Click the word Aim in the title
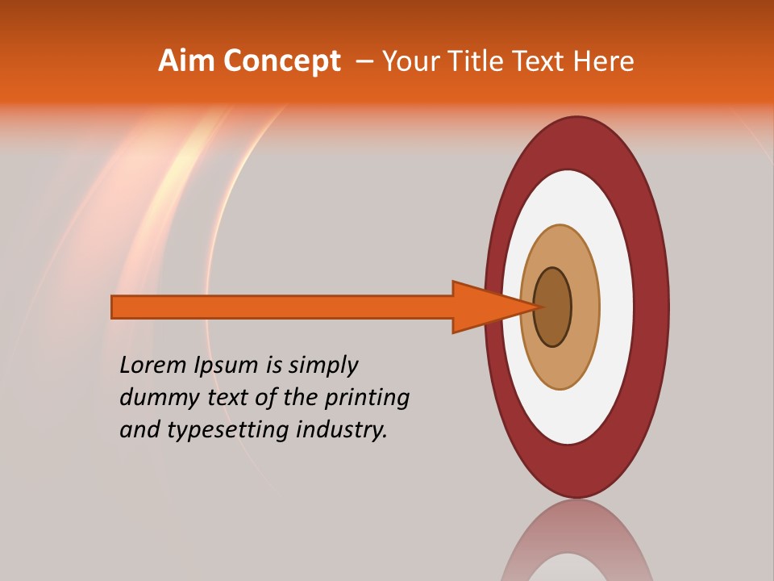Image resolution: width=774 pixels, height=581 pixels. (186, 61)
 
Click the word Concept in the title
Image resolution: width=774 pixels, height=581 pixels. (282, 61)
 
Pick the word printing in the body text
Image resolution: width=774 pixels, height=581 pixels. (368, 398)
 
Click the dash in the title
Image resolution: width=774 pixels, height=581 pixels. (364, 61)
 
